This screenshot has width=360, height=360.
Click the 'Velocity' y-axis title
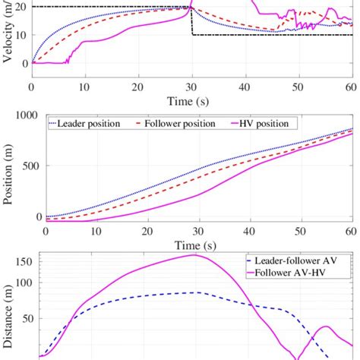click(8, 30)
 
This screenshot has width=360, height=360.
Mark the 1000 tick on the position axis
click(25, 115)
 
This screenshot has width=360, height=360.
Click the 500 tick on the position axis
click(29, 166)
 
